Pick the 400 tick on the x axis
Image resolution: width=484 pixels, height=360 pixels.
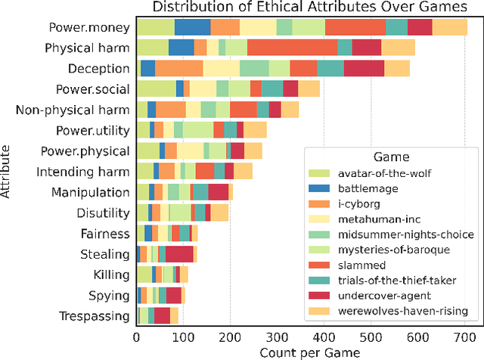click(324, 337)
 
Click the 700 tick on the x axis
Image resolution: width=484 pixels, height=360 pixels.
click(464, 337)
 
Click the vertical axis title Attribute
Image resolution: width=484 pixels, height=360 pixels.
click(8, 173)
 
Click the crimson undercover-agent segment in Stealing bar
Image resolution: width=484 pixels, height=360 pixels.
click(179, 253)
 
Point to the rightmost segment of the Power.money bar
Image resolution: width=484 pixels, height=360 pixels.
click(450, 28)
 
